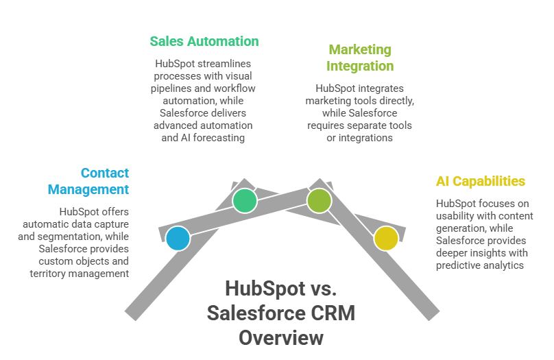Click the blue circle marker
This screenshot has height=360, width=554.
(x=177, y=238)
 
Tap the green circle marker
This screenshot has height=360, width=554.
(x=244, y=201)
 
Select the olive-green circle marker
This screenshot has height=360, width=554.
(x=319, y=201)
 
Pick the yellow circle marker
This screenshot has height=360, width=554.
(x=385, y=238)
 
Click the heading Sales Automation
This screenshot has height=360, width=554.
(x=204, y=41)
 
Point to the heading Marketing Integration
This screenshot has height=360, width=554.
(x=360, y=58)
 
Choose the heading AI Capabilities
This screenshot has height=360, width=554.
(x=481, y=181)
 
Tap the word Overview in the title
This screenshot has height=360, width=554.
(x=281, y=337)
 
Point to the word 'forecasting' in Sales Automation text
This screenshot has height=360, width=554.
(x=222, y=138)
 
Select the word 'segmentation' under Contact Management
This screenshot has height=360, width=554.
(x=91, y=236)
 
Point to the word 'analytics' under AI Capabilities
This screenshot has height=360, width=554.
(x=504, y=265)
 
